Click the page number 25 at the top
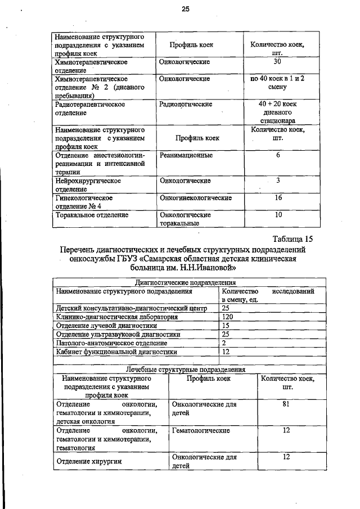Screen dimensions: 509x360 [186, 8]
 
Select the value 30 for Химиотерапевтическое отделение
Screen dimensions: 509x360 [277, 61]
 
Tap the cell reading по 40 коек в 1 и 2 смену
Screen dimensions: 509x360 [277, 83]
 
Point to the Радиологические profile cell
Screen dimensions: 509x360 [186, 105]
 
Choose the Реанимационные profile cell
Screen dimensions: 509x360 [186, 155]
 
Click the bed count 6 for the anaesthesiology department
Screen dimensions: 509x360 [277, 155]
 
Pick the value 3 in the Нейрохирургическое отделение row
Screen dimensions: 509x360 [277, 181]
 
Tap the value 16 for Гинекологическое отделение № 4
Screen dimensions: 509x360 [277, 198]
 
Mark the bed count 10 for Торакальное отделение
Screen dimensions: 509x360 [277, 215]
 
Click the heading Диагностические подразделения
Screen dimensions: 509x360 [186, 283]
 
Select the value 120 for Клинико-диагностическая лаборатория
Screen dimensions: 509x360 [228, 317]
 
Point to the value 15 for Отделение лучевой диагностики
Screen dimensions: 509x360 [226, 326]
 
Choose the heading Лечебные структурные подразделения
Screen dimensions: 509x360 [186, 370]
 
